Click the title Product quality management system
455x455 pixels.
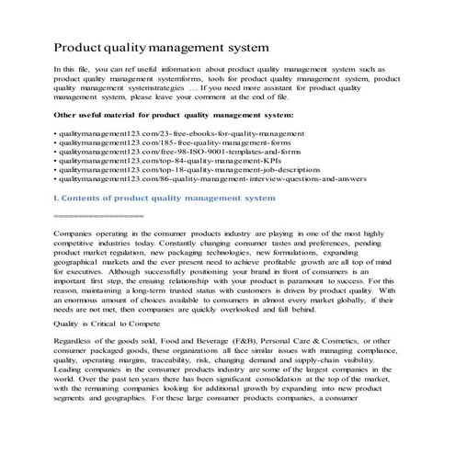coord(162,45)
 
